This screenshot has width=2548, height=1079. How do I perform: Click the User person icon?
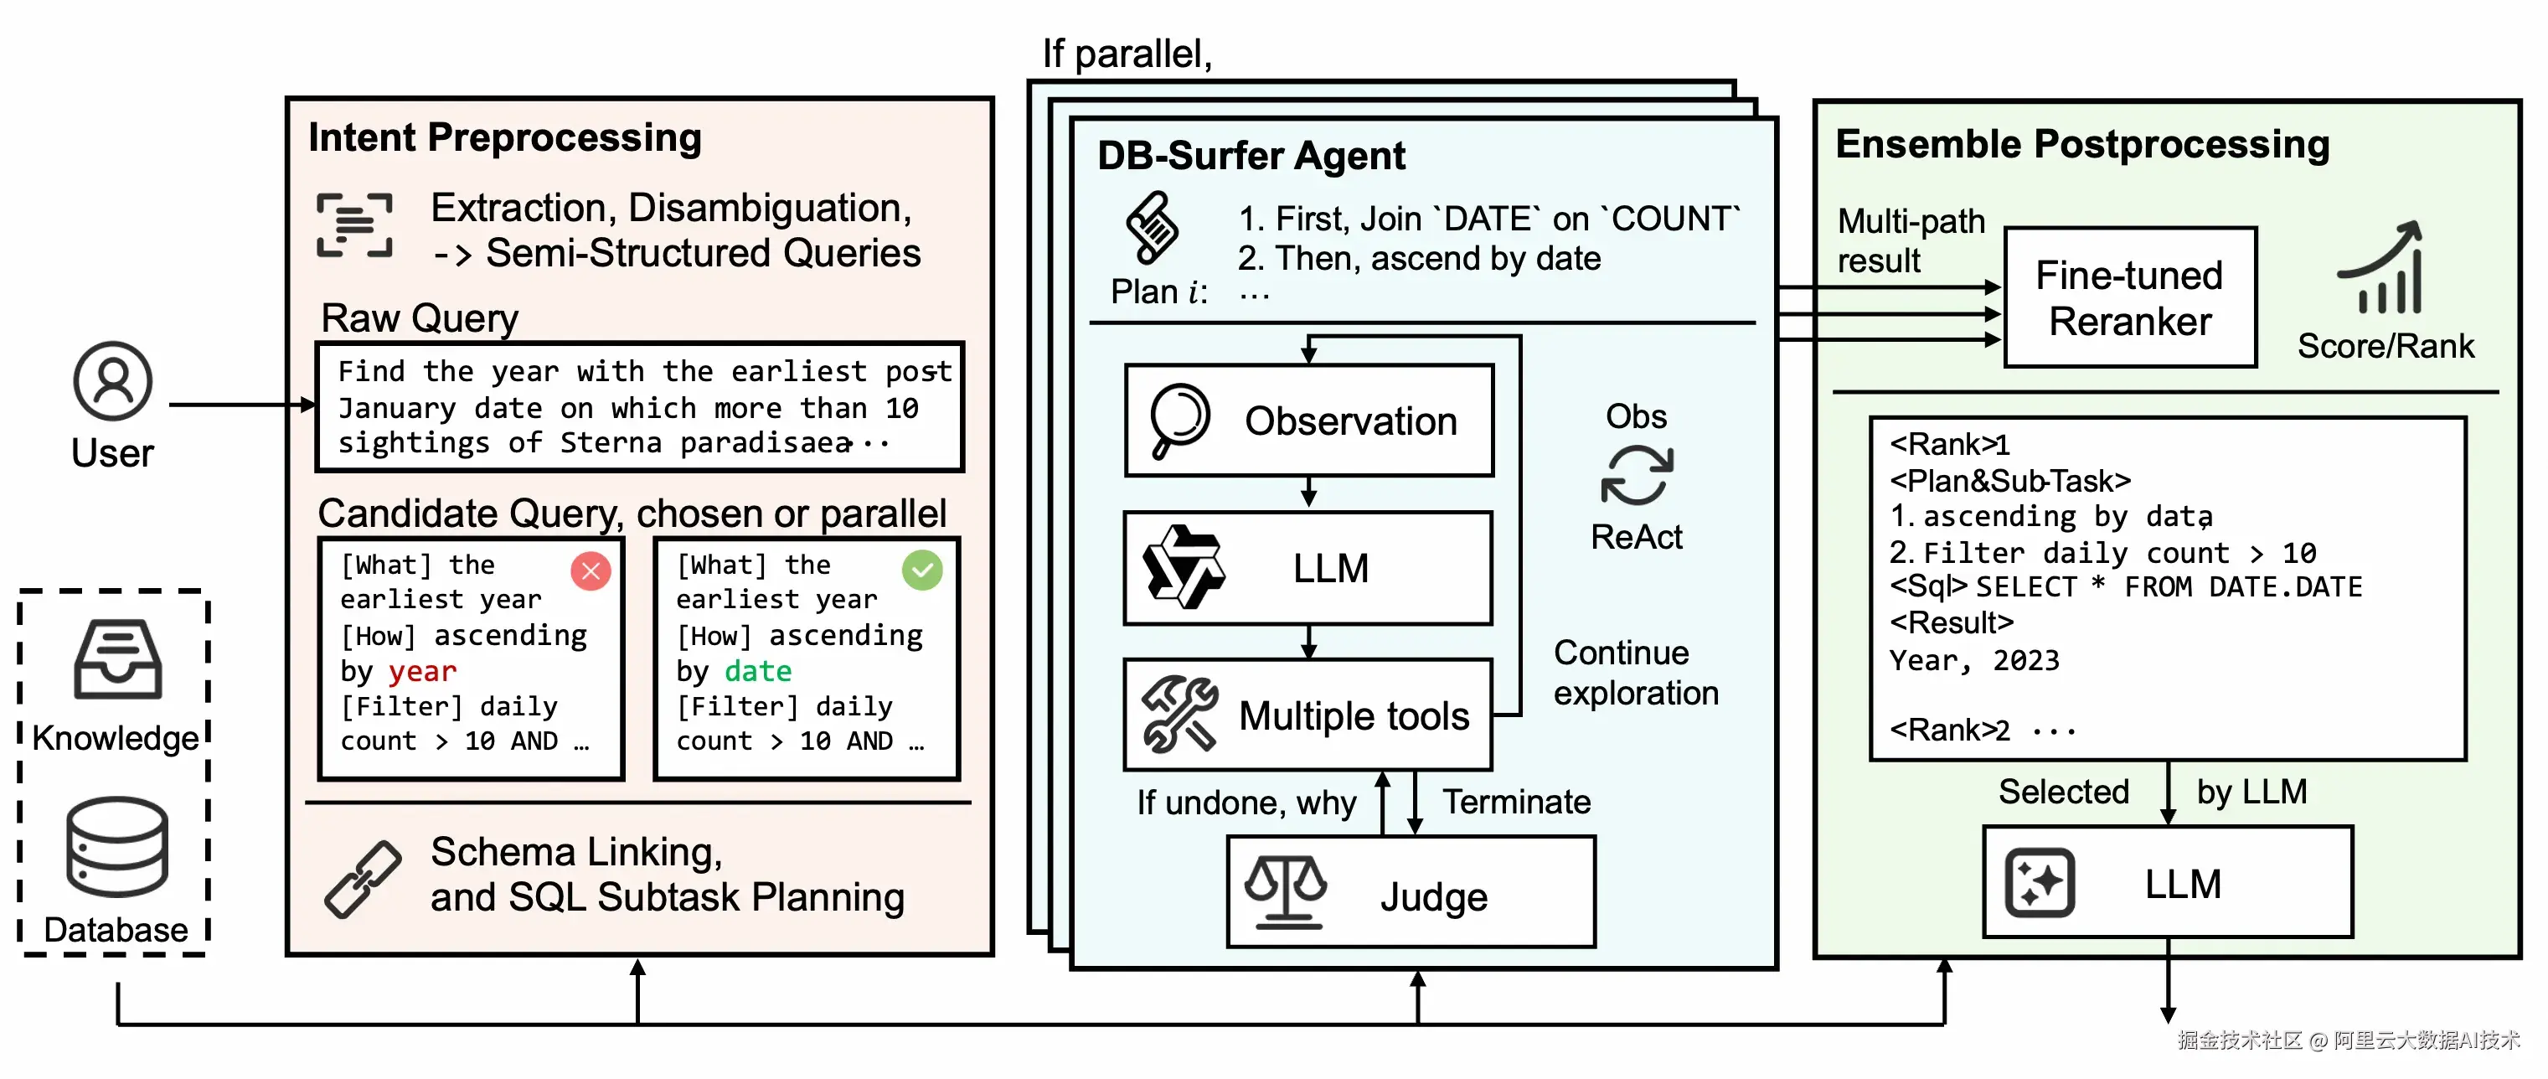click(113, 381)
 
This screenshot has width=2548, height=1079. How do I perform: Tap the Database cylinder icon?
click(116, 848)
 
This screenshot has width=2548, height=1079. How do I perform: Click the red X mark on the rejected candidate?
click(591, 570)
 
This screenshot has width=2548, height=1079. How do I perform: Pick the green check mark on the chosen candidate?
click(922, 570)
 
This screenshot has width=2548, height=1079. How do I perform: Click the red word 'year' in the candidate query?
click(422, 672)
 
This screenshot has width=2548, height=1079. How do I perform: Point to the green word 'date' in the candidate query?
click(758, 672)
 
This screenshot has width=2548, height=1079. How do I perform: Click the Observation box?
click(1308, 421)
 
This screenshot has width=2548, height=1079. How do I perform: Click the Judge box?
click(1411, 892)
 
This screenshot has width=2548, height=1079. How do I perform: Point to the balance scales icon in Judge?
click(1285, 891)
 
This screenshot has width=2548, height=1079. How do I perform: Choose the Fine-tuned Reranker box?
click(2129, 297)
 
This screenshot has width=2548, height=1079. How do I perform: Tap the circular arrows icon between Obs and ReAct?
click(1636, 476)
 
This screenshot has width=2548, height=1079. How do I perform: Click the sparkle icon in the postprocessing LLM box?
click(2039, 882)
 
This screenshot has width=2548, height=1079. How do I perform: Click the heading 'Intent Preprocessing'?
click(504, 137)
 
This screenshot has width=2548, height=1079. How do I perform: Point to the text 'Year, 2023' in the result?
click(1973, 659)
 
